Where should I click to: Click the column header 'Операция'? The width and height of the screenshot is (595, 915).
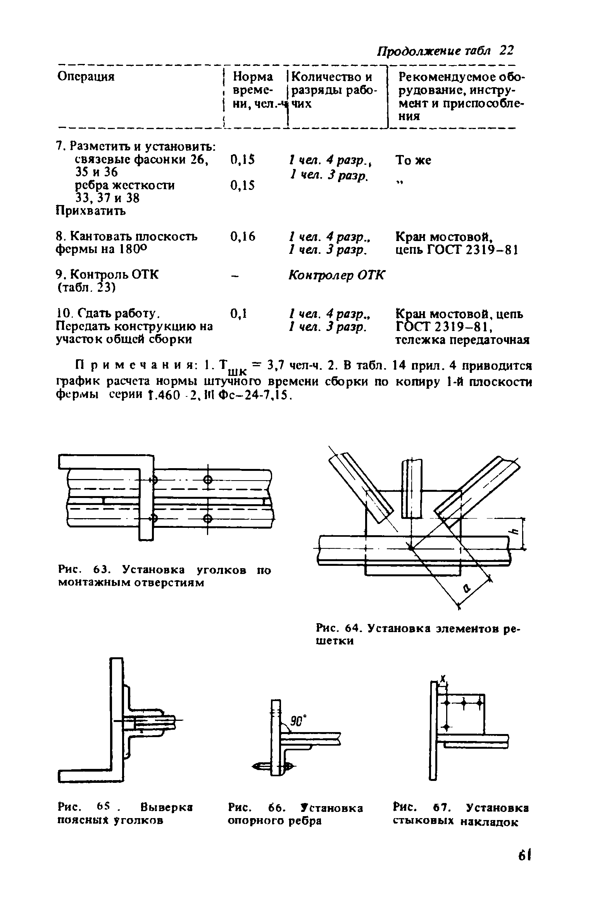point(86,76)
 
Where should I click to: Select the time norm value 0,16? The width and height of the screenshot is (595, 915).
point(243,236)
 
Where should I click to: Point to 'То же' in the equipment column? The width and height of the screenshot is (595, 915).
point(413,160)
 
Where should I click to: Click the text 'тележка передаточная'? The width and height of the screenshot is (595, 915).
point(462,340)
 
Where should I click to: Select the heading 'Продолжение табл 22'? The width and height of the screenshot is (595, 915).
point(445,51)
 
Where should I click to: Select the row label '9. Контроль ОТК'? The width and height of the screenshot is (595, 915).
point(107,275)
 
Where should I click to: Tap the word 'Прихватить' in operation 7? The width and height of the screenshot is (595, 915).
point(91,211)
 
